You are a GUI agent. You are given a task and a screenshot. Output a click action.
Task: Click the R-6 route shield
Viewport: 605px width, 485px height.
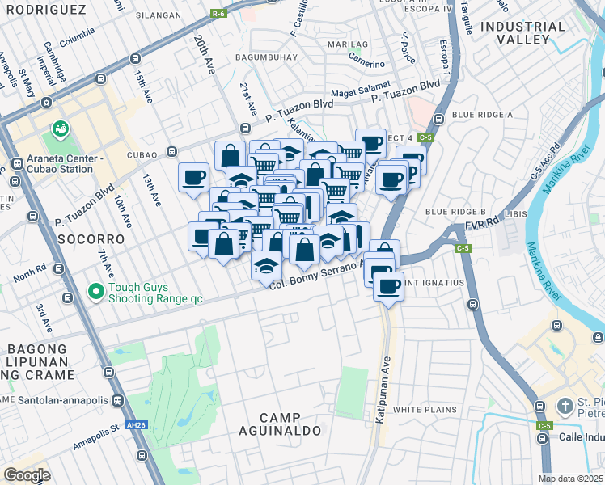218,14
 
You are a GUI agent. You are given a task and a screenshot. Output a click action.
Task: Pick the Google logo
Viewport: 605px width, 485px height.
27,475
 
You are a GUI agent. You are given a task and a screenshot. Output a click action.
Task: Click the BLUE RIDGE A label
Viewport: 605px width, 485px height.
482,115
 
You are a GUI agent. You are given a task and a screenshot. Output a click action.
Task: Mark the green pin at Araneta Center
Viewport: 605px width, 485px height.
59,129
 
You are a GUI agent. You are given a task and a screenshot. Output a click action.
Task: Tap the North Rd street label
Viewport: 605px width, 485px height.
30,276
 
